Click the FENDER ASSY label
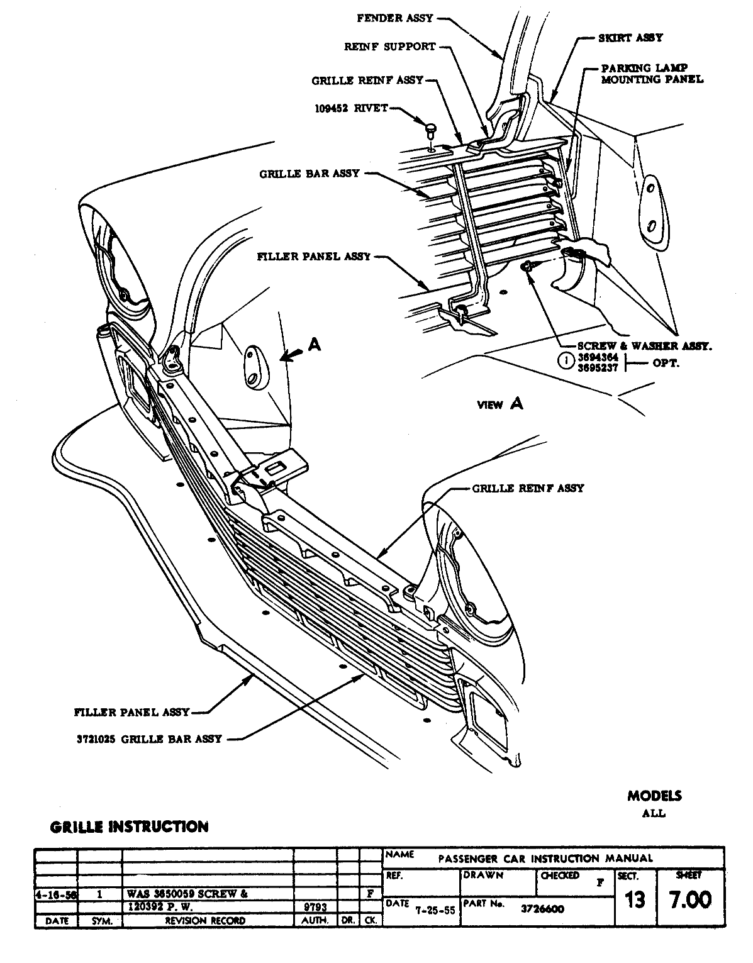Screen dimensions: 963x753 pos(395,18)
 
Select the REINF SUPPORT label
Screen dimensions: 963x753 pos(389,47)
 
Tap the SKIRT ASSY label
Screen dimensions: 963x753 pos(630,38)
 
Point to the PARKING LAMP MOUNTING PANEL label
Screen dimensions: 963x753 pos(652,74)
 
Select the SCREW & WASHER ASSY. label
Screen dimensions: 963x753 pos(645,346)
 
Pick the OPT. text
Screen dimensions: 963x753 pos(666,364)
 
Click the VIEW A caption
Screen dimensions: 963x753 pos(500,404)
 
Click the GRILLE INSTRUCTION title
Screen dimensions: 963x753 pos(129,827)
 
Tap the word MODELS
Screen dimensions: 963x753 pos(654,796)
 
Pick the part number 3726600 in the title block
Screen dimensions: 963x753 pos(542,909)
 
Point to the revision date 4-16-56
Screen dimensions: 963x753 pos(55,894)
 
